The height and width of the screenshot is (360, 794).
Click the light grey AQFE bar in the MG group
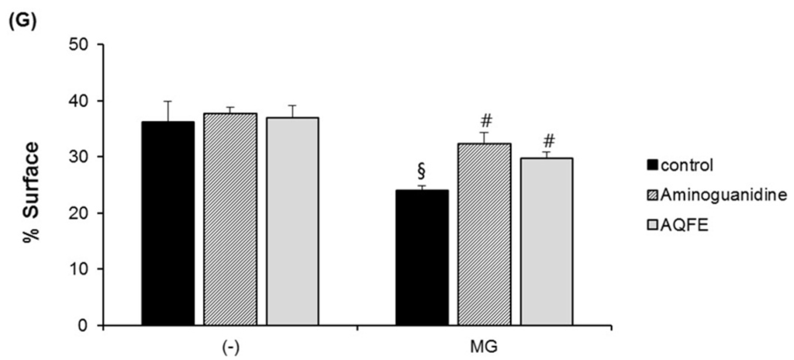pyautogui.click(x=546, y=241)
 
